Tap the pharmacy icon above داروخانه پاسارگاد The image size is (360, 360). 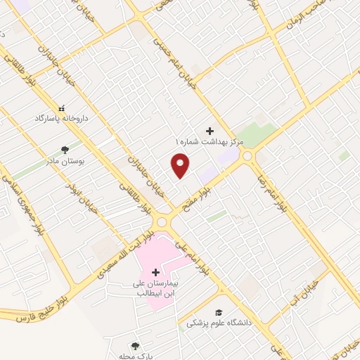tap(62, 108)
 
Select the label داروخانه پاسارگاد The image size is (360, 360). tap(62, 119)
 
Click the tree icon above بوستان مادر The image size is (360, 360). tap(65, 149)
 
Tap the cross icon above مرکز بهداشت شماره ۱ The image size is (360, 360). tap(209, 131)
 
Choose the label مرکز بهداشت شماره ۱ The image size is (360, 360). tap(209, 142)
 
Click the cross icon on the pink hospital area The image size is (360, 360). tap(156, 272)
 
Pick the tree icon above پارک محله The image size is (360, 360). tap(135, 345)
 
